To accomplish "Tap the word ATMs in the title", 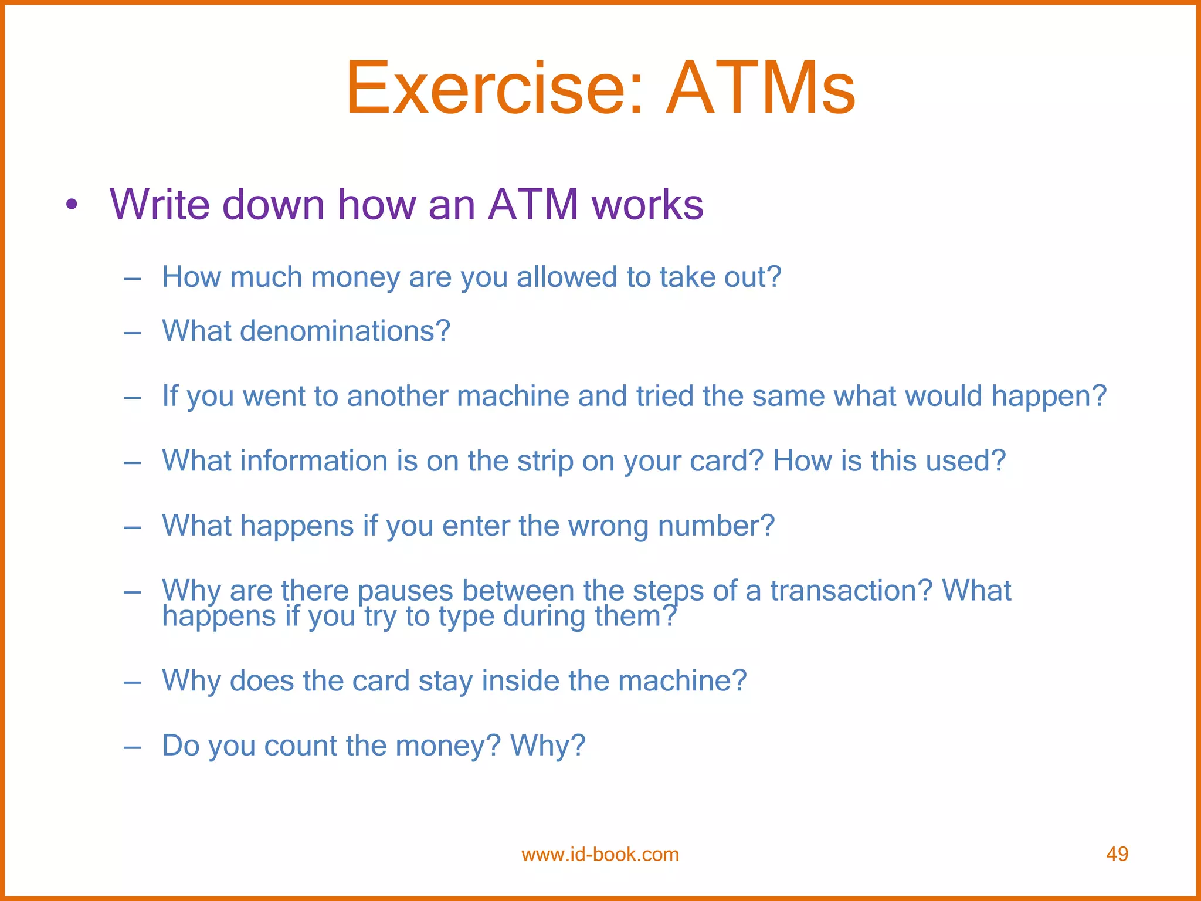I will click(x=761, y=89).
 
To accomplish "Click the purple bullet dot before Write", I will click(x=72, y=205).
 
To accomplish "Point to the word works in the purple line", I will click(x=647, y=204).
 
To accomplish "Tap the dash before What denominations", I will click(x=133, y=333).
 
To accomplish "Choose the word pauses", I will click(x=405, y=591).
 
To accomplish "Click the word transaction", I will click(x=850, y=591).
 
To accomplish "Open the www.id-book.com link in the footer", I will click(x=600, y=854).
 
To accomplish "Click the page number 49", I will click(x=1117, y=854).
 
